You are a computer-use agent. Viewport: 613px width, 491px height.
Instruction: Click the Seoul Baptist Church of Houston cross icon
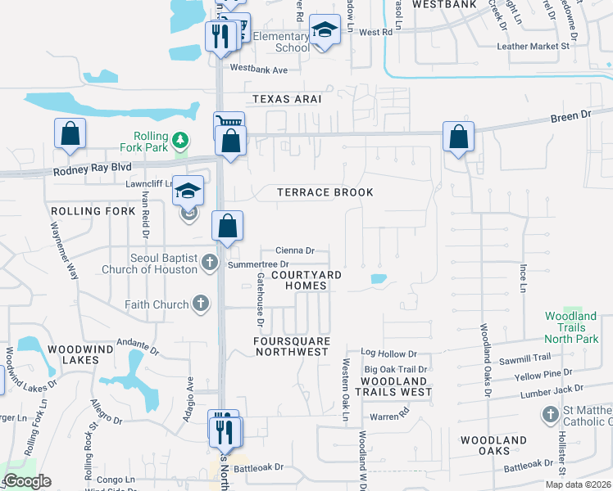point(209,263)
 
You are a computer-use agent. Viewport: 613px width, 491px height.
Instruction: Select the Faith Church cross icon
point(200,304)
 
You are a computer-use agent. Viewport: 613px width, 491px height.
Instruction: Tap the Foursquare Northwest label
point(291,346)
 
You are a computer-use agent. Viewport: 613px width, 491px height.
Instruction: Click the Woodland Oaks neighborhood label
point(493,446)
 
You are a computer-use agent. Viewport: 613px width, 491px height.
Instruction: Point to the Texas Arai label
point(286,98)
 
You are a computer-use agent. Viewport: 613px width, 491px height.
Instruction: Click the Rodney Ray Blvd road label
point(93,169)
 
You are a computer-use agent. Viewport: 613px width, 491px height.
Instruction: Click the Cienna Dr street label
point(295,250)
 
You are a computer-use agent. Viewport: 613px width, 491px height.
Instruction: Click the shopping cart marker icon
point(229,124)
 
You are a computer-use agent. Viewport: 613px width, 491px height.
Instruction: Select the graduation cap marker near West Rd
point(325,31)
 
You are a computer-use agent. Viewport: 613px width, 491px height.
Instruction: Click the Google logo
point(27,481)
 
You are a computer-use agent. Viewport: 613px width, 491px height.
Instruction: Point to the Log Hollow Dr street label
point(388,354)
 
